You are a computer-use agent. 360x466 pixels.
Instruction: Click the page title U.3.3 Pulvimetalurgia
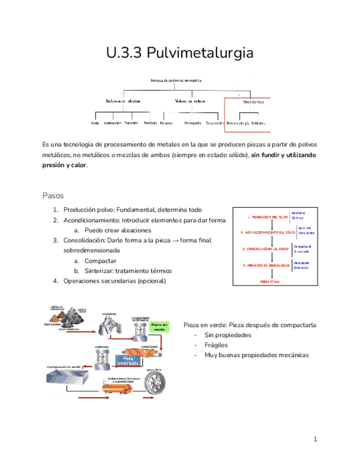pos(180,53)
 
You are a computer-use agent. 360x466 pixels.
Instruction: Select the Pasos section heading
pos(53,196)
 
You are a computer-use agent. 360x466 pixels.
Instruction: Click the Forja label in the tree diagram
pos(95,123)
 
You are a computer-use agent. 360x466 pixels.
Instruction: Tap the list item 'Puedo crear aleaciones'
pos(118,230)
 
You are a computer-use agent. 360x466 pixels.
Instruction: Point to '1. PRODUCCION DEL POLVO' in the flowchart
pos(266,217)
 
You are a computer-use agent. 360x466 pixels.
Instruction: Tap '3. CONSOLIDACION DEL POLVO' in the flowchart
pos(266,248)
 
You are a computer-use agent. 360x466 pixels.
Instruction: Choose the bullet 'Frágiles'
pos(216,345)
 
